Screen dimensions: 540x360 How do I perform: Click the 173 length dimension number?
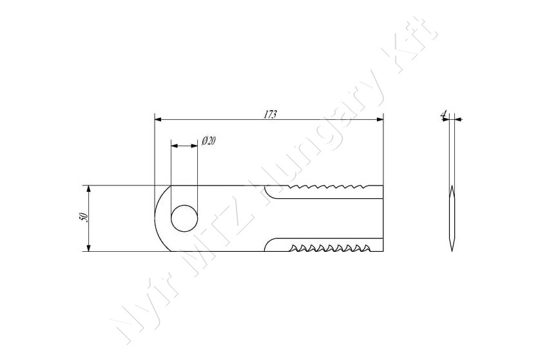[x=270, y=115]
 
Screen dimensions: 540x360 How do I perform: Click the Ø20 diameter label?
[x=209, y=141]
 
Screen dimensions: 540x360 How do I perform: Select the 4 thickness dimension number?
[x=444, y=113]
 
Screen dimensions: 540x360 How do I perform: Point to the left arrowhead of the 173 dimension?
[x=158, y=119]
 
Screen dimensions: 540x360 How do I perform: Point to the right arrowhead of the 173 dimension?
[x=380, y=119]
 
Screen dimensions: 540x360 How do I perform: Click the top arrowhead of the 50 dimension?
[x=88, y=189]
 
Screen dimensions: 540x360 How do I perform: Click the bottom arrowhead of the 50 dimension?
[x=88, y=248]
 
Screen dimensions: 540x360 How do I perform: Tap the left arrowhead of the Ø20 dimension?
[x=175, y=146]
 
